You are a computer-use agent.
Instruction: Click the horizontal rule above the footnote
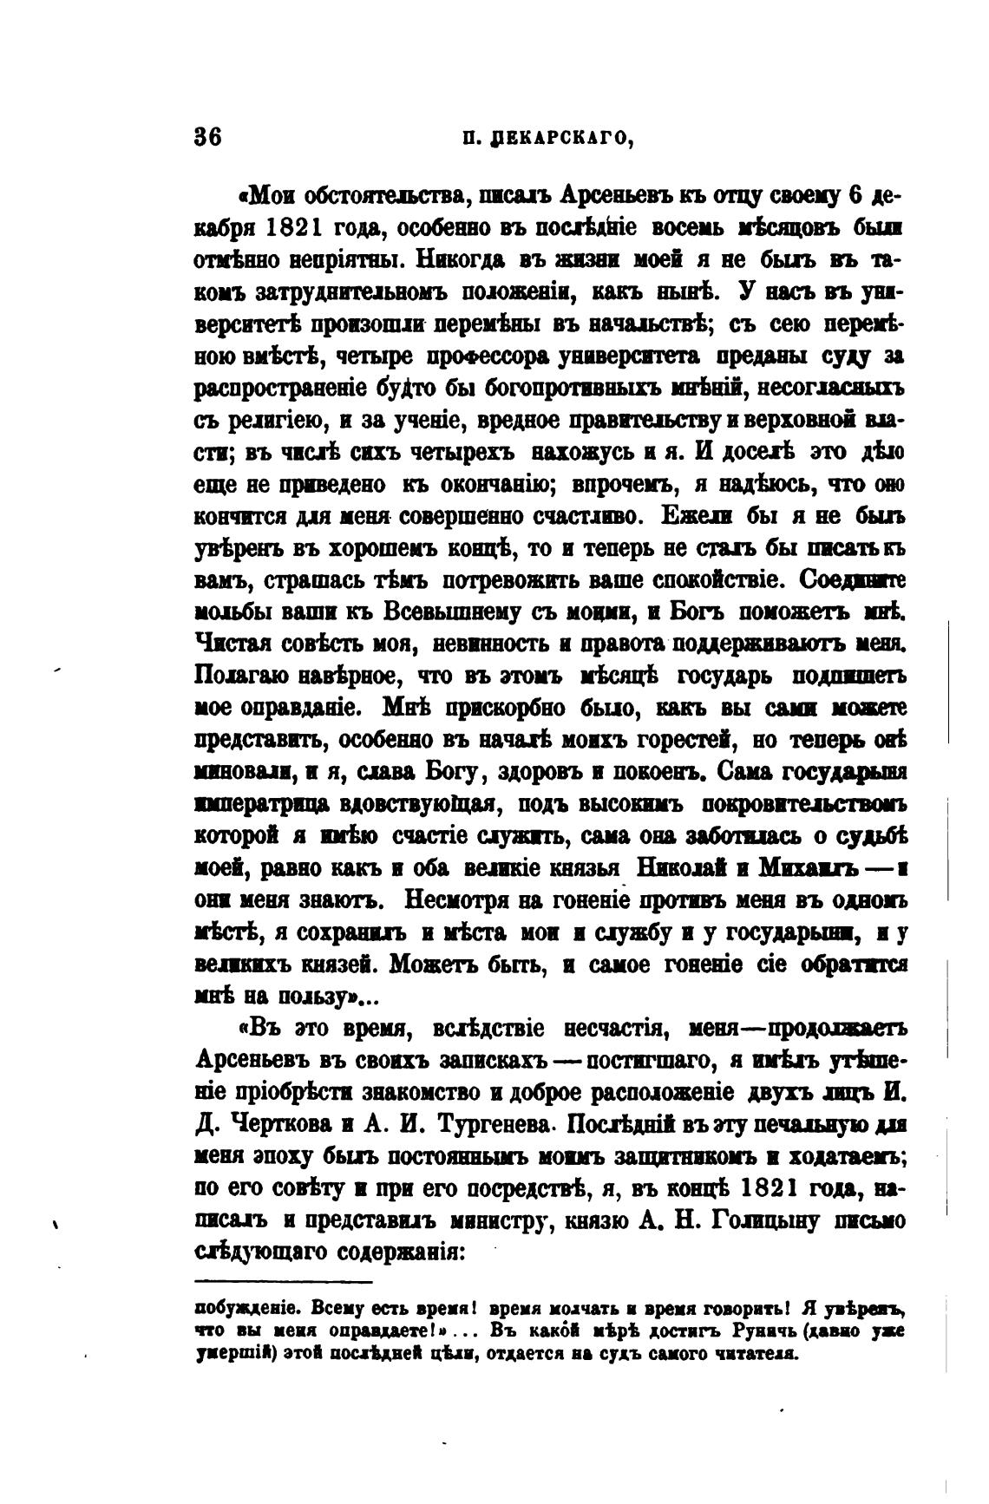tap(283, 1282)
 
